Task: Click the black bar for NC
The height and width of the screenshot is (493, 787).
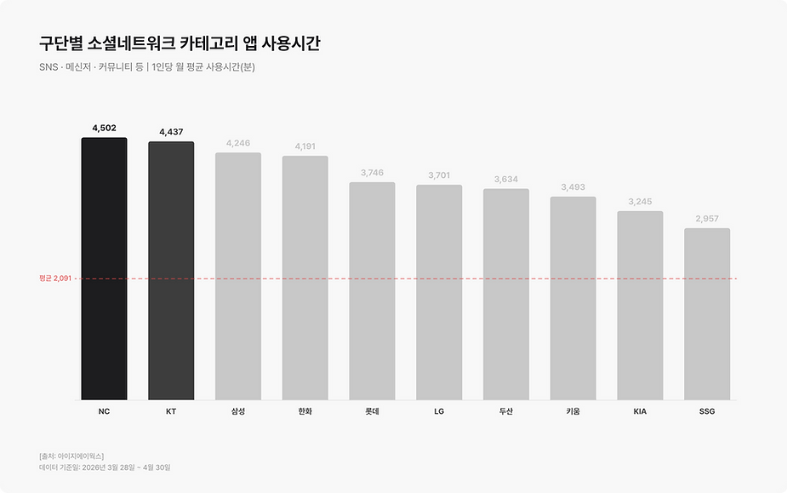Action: pos(104,269)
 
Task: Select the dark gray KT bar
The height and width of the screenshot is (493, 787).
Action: pos(171,271)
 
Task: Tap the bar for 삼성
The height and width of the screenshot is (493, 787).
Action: pos(238,277)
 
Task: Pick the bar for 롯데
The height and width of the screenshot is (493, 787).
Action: pos(372,291)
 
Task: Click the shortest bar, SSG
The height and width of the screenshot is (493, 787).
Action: pos(707,314)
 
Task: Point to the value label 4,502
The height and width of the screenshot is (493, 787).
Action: pos(104,129)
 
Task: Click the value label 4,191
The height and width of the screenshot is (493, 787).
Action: pos(305,146)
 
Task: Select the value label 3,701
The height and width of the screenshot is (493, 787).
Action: pos(439,175)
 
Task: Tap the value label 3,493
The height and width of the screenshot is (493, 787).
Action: pos(573,187)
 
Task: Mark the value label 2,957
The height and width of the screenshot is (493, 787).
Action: pos(707,219)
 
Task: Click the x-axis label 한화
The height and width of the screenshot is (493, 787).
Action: pos(305,411)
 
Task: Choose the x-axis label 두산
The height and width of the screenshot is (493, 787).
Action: pos(506,411)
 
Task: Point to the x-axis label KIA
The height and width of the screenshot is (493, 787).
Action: pos(640,411)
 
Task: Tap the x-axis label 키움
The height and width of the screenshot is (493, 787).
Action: pos(573,411)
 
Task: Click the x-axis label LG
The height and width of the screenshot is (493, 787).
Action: pos(439,411)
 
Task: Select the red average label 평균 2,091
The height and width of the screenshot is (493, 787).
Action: pos(55,278)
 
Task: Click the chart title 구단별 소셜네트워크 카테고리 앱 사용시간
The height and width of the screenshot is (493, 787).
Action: pos(180,43)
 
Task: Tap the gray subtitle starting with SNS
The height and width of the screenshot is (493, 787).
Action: pos(147,66)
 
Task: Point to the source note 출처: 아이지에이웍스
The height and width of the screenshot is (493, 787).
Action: pos(71,456)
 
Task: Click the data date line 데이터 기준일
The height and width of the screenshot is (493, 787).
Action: pos(105,467)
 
